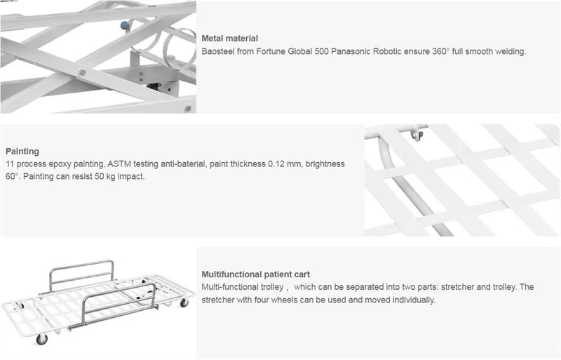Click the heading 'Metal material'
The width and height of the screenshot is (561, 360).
coord(230,39)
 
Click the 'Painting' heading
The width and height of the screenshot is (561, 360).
coord(22,151)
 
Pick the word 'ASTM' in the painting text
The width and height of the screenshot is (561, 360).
coord(121,164)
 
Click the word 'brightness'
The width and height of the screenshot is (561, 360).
coord(325,164)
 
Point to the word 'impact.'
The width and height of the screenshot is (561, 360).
coord(130,176)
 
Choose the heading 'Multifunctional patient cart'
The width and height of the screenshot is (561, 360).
coord(256,274)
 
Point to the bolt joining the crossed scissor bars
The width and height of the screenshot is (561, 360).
coord(82,72)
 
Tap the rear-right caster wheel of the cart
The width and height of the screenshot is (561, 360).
coord(184,302)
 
